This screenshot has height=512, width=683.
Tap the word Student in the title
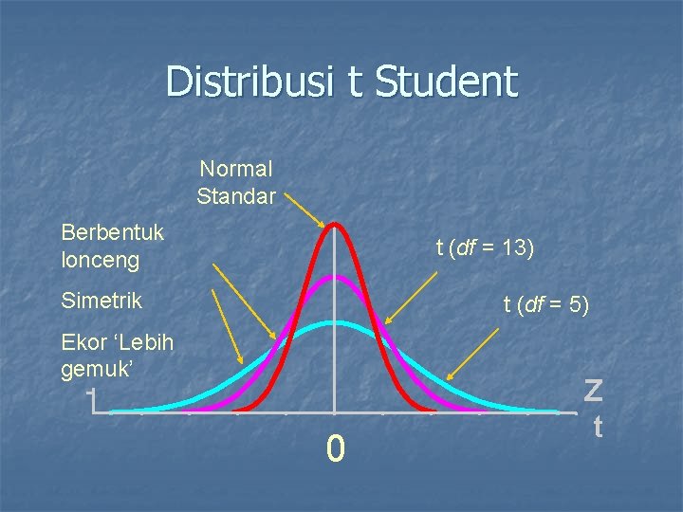click(x=447, y=82)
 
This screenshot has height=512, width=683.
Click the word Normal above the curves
click(x=236, y=170)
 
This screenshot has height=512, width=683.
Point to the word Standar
click(x=236, y=197)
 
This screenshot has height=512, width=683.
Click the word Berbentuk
click(x=112, y=231)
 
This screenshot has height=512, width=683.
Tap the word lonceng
click(x=100, y=259)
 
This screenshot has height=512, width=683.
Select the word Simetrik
click(x=102, y=302)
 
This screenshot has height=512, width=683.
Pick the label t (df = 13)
click(x=485, y=248)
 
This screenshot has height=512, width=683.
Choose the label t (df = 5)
click(x=545, y=304)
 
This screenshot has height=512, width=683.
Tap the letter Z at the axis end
click(x=594, y=389)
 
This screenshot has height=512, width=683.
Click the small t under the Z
click(x=598, y=428)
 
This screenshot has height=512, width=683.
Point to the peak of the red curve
click(x=334, y=225)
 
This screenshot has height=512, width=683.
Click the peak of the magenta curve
click(x=334, y=277)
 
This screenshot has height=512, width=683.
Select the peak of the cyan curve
click(x=334, y=323)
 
